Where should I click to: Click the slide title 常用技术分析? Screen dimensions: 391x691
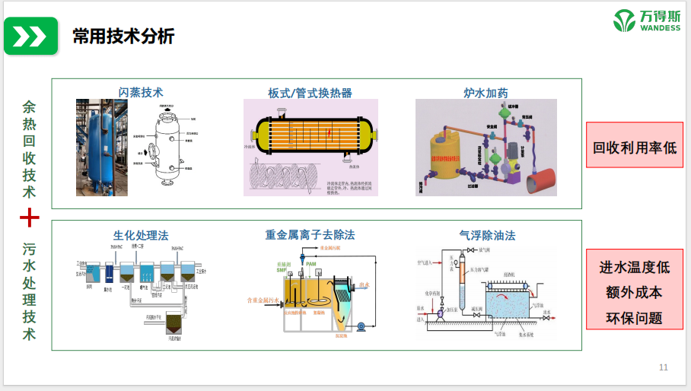[123, 36]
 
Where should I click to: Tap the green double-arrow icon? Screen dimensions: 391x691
[30, 37]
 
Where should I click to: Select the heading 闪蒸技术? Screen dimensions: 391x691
[141, 92]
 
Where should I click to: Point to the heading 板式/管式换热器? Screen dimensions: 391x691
[310, 93]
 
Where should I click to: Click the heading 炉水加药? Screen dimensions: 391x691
[486, 93]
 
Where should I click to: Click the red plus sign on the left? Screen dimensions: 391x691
[30, 218]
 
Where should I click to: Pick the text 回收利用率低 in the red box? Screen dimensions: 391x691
[635, 147]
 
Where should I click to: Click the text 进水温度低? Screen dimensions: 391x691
[635, 268]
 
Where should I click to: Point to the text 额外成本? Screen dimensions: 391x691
[635, 292]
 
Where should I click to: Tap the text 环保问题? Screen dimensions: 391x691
[635, 317]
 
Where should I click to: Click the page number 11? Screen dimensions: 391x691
[663, 368]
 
